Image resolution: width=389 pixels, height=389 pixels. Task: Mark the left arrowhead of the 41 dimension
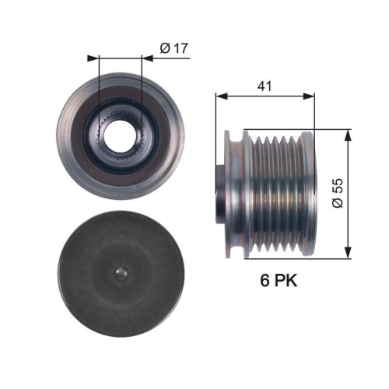tap(219, 97)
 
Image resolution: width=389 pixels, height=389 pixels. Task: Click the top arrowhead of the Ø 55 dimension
tap(346, 133)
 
